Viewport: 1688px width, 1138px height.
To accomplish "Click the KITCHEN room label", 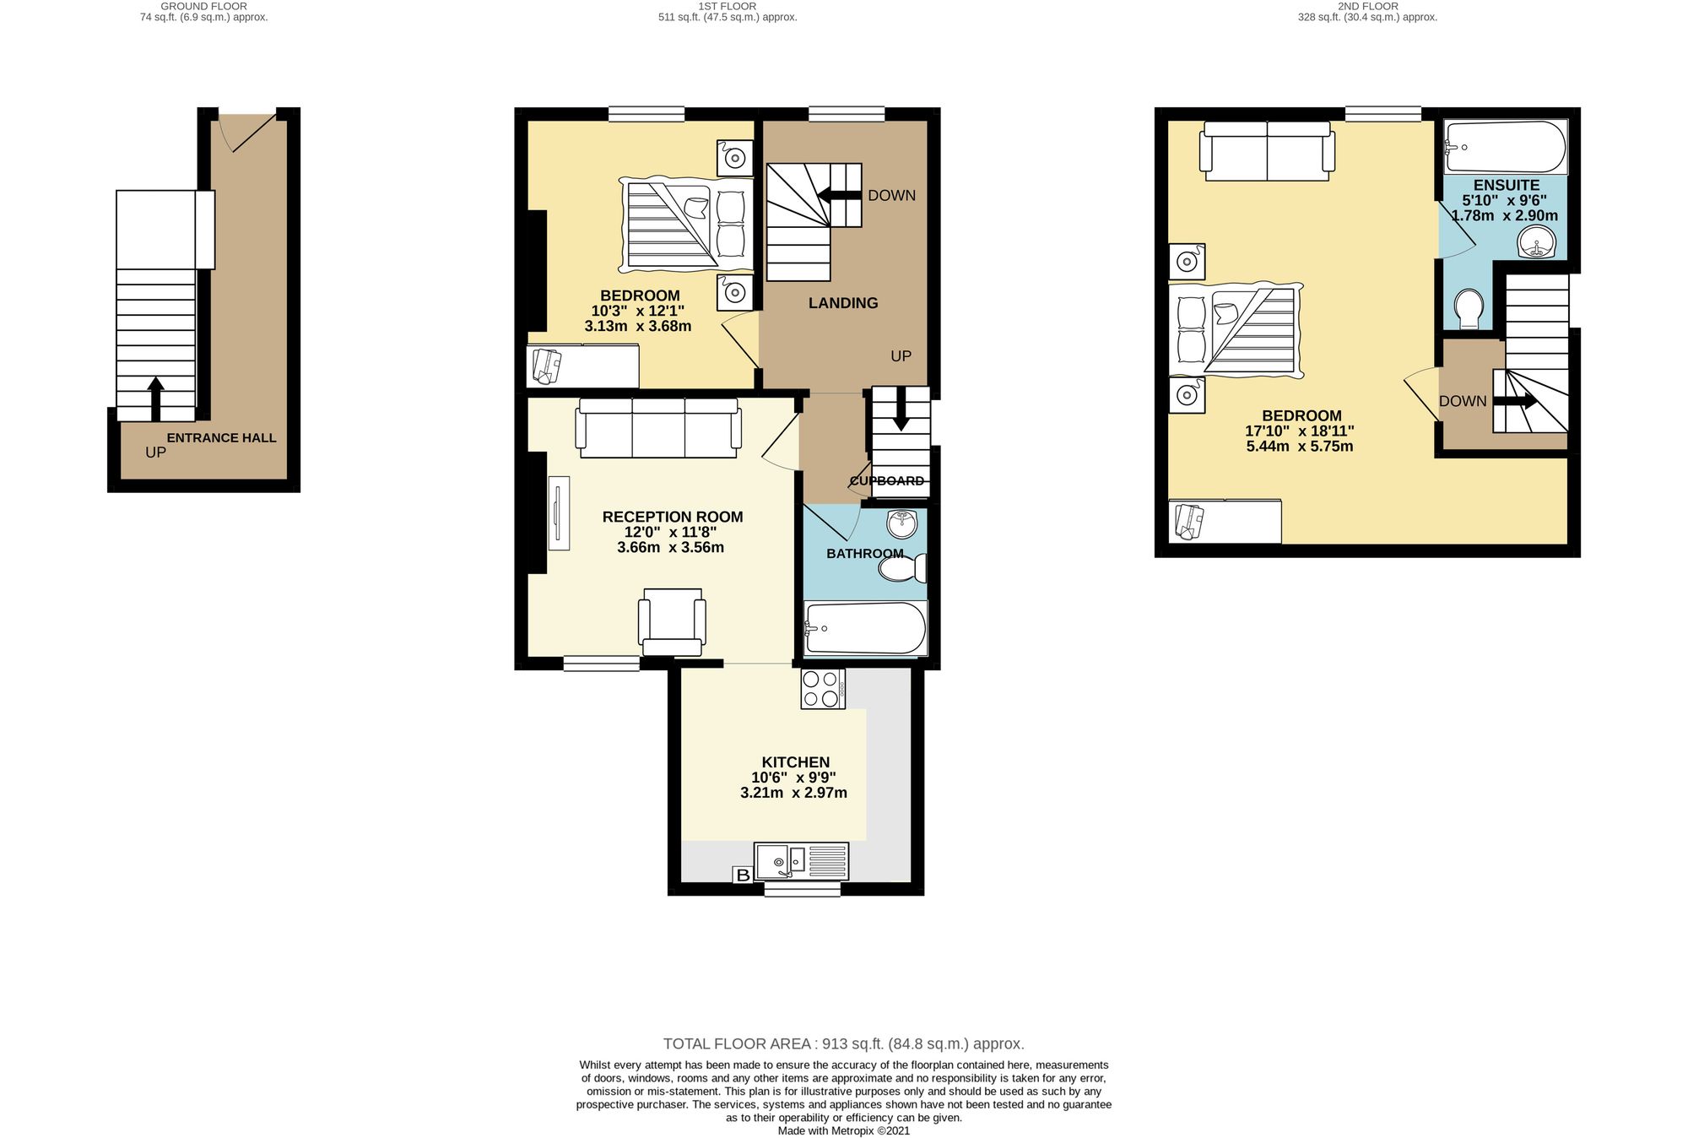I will [795, 762].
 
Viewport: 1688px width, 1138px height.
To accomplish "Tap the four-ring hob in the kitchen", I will [822, 688].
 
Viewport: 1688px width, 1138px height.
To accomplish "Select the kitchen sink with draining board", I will [801, 861].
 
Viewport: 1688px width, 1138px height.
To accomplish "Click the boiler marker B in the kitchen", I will [743, 875].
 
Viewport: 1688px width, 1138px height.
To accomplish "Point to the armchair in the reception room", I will [672, 622].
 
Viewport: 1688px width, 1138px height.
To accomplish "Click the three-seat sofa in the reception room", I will [658, 427].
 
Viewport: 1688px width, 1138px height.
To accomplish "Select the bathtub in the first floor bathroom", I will [865, 628].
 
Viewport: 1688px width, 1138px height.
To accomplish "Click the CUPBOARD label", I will [886, 481].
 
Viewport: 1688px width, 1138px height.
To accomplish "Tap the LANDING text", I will [843, 303].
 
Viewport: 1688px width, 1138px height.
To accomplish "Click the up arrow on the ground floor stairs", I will [155, 398].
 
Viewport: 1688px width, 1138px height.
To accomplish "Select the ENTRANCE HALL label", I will [221, 438].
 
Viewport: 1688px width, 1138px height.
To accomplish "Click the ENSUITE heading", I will [1506, 185].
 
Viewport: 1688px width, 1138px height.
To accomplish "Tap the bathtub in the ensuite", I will [1505, 147].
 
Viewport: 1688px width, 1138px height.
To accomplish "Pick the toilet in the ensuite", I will [1469, 309].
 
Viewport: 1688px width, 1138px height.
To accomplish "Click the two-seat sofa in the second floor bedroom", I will [1267, 150].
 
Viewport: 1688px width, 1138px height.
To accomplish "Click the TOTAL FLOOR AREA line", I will [843, 1043].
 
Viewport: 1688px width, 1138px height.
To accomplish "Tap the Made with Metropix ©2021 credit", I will [843, 1130].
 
